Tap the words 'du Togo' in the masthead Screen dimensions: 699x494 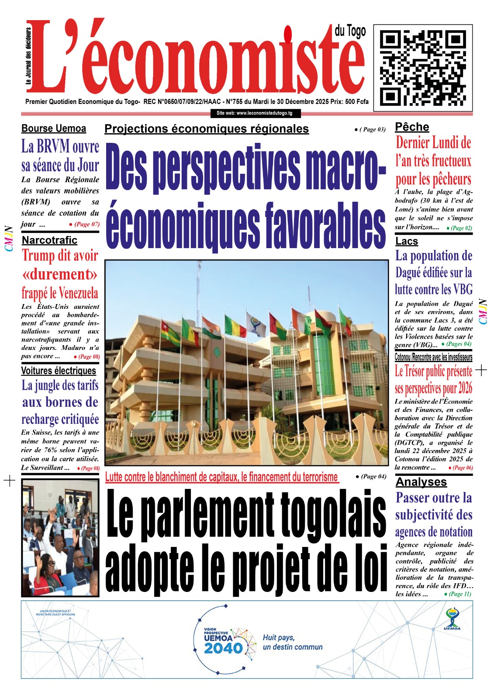[350, 31]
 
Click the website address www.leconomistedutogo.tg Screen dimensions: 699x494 [255, 113]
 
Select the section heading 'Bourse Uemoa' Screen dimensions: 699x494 [54, 128]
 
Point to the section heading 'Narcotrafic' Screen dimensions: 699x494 [49, 240]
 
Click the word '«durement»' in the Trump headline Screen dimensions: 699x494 [60, 274]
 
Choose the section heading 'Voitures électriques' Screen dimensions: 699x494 [59, 370]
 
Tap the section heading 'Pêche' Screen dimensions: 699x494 [412, 127]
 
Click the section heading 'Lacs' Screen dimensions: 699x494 [407, 241]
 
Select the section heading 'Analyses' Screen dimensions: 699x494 [421, 482]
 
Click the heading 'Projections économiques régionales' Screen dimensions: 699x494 [207, 129]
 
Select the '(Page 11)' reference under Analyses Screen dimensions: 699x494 [459, 594]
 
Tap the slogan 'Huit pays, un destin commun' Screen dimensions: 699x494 [292, 642]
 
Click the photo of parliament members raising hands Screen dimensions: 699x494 [60, 538]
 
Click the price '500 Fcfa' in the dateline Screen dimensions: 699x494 [356, 102]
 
